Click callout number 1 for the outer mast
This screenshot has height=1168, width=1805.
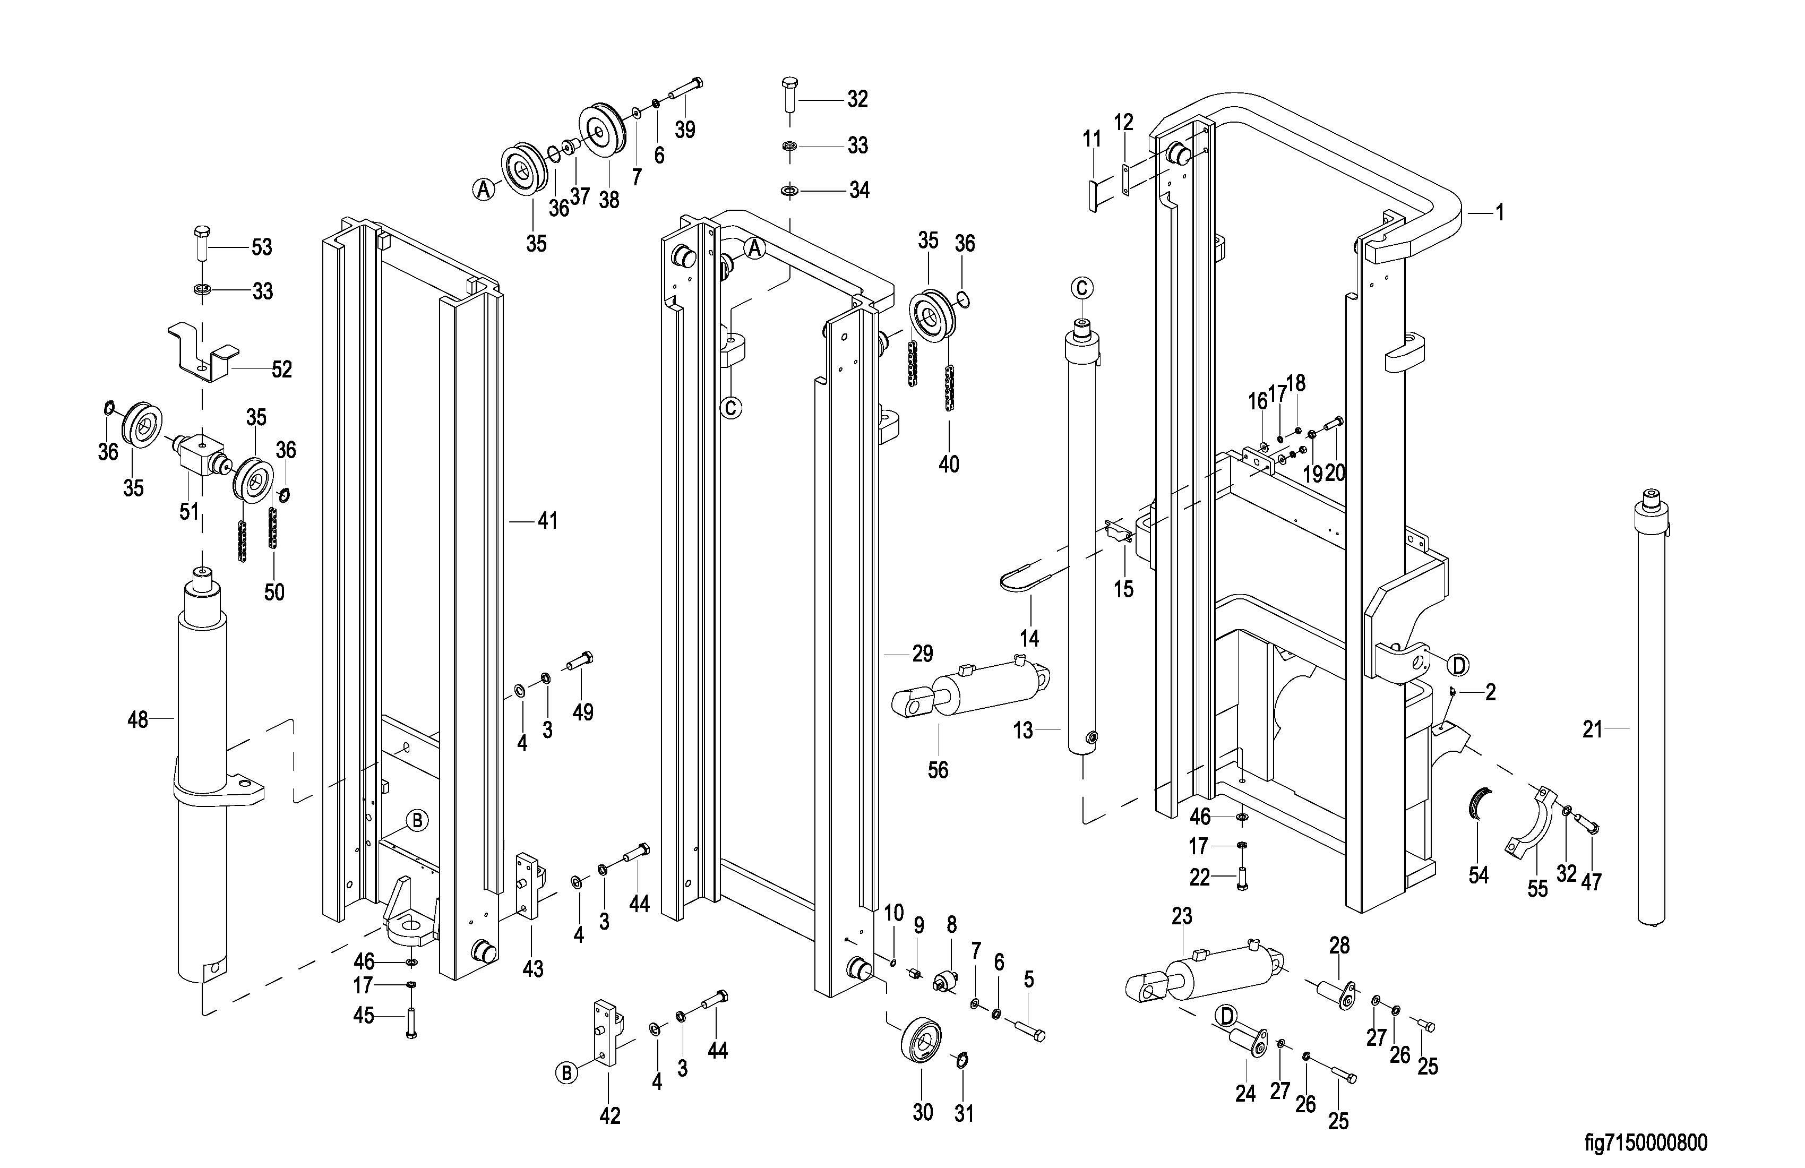pos(1499,213)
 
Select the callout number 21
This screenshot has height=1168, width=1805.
pos(1592,729)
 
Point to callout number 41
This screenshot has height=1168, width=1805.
pos(547,521)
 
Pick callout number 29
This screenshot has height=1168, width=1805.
pos(922,654)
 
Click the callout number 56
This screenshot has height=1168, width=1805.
pos(938,770)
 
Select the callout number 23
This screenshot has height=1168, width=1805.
pos(1182,917)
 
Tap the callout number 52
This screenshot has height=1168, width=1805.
pos(281,370)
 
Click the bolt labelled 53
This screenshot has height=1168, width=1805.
pos(202,243)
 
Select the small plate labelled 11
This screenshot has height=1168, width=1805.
pos(1093,196)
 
